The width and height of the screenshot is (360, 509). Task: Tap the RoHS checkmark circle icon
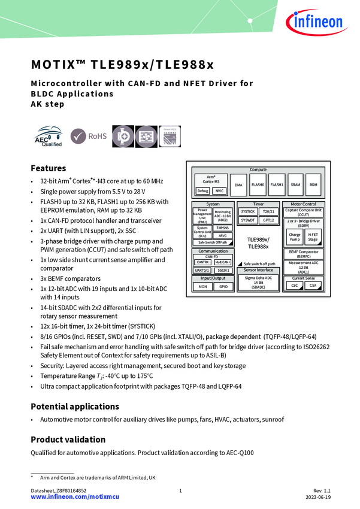point(78,136)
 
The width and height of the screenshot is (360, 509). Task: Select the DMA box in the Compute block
point(239,185)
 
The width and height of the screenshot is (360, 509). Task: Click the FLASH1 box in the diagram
point(277,185)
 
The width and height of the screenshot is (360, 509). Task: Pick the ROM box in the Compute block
point(313,185)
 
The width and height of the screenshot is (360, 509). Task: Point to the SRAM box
point(295,185)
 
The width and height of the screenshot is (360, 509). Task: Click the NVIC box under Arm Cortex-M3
point(220,191)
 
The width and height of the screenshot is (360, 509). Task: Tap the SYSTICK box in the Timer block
point(248,211)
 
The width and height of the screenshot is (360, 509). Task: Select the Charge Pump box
point(295,238)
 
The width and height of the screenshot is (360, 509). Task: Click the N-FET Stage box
point(313,238)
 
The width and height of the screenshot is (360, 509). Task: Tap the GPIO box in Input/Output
point(223,287)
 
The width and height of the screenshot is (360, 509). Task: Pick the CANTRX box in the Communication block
point(202,262)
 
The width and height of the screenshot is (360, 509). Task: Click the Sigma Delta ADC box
point(259,282)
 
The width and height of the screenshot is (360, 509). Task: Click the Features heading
point(48,168)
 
